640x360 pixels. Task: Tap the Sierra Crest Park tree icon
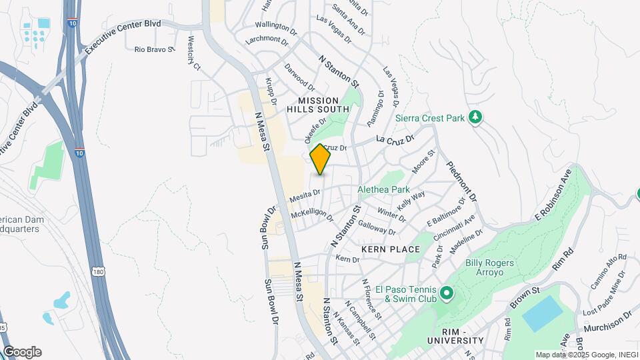click(475, 118)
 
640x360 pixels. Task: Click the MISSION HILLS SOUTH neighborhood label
click(318, 105)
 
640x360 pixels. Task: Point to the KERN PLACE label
click(391, 249)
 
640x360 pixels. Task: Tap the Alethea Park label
click(383, 189)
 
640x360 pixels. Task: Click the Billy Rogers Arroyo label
click(489, 268)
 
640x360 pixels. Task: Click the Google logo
click(22, 352)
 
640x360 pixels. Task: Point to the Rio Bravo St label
click(154, 49)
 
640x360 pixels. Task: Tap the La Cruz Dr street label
click(395, 139)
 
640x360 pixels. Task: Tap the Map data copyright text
click(586, 354)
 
